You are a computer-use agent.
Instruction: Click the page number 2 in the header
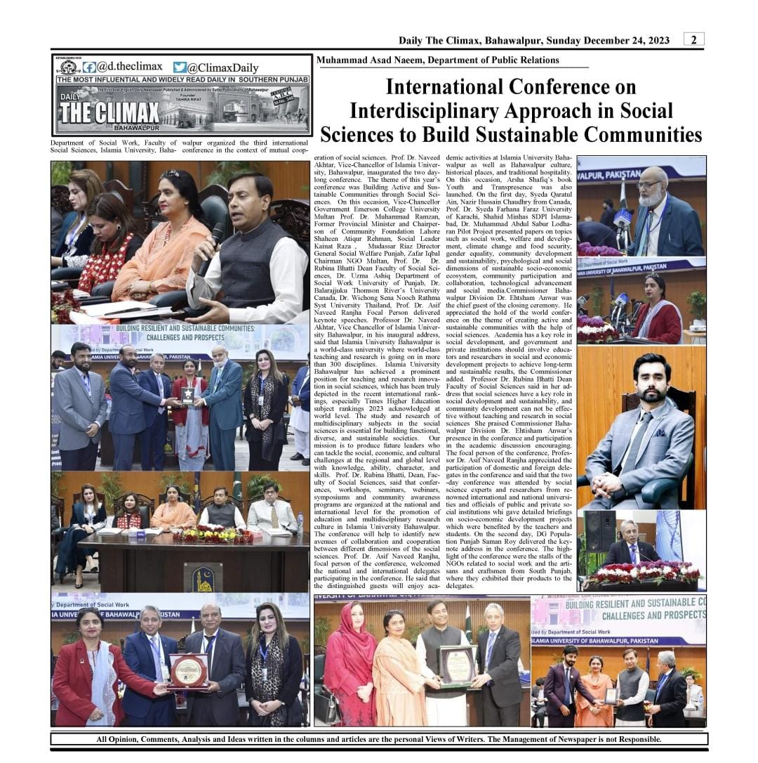pyautogui.click(x=693, y=40)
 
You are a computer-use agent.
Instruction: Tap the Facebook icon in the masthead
pyautogui.click(x=89, y=67)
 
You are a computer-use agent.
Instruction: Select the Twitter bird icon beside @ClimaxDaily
pyautogui.click(x=180, y=67)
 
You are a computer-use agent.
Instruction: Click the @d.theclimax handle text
pyautogui.click(x=129, y=67)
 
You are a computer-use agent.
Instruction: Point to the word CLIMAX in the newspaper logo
pyautogui.click(x=126, y=112)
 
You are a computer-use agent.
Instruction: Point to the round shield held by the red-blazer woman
pyautogui.click(x=188, y=671)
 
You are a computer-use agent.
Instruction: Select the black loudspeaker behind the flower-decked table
pyautogui.click(x=600, y=530)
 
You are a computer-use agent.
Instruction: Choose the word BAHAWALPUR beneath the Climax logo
pyautogui.click(x=140, y=129)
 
